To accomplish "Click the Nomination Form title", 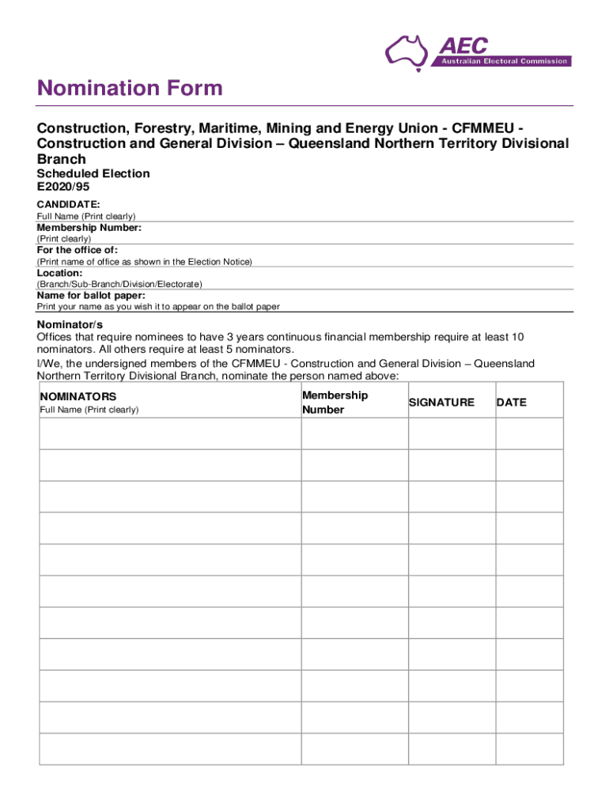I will point(130,88).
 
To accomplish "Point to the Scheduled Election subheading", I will point(93,173).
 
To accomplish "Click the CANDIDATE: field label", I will point(69,204).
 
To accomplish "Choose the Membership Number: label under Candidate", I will point(89,228).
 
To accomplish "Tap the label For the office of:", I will point(78,250).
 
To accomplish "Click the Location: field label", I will point(59,273).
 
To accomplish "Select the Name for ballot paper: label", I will point(91,295).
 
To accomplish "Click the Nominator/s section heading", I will point(70,324).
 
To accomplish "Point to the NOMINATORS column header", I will point(78,396).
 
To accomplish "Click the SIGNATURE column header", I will point(441,403).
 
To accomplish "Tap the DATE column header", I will point(511,403).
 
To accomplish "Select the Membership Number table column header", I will point(335,403).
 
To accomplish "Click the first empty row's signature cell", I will point(452,433).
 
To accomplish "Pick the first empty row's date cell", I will point(529,433).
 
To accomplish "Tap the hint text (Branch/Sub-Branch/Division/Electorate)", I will point(119,284).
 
